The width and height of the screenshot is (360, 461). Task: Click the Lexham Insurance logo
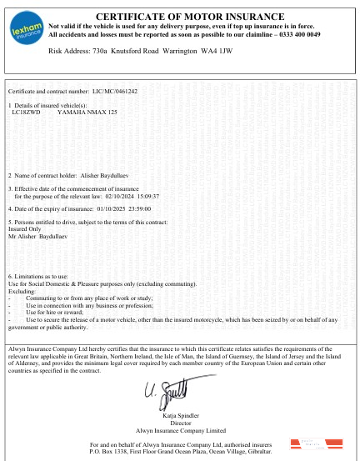click(26, 31)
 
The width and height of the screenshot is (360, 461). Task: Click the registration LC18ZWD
click(27, 111)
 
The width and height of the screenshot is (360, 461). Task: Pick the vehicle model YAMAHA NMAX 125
click(87, 111)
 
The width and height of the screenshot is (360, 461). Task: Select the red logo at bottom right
click(308, 443)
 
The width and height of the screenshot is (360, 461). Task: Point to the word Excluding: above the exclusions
click(22, 291)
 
